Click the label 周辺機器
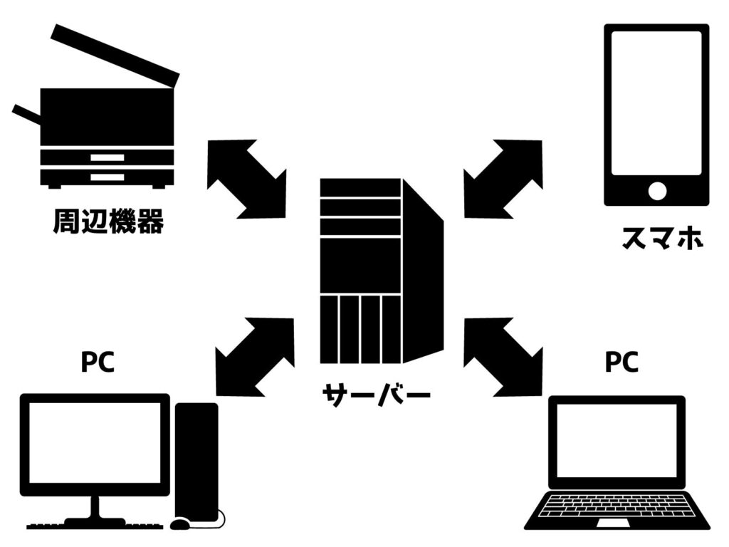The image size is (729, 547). (x=108, y=222)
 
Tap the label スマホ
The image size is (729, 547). (x=662, y=238)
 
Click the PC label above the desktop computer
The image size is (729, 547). (x=98, y=363)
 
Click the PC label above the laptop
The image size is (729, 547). (x=622, y=363)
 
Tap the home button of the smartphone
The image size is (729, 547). (x=657, y=191)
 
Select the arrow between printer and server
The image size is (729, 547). (x=246, y=178)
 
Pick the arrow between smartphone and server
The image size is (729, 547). (x=503, y=178)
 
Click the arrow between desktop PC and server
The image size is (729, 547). (x=254, y=356)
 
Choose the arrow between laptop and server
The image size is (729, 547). (x=503, y=356)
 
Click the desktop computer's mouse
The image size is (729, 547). (x=181, y=523)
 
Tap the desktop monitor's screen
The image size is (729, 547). (x=95, y=442)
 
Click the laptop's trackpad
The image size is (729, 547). (x=617, y=523)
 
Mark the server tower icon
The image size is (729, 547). (x=380, y=271)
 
